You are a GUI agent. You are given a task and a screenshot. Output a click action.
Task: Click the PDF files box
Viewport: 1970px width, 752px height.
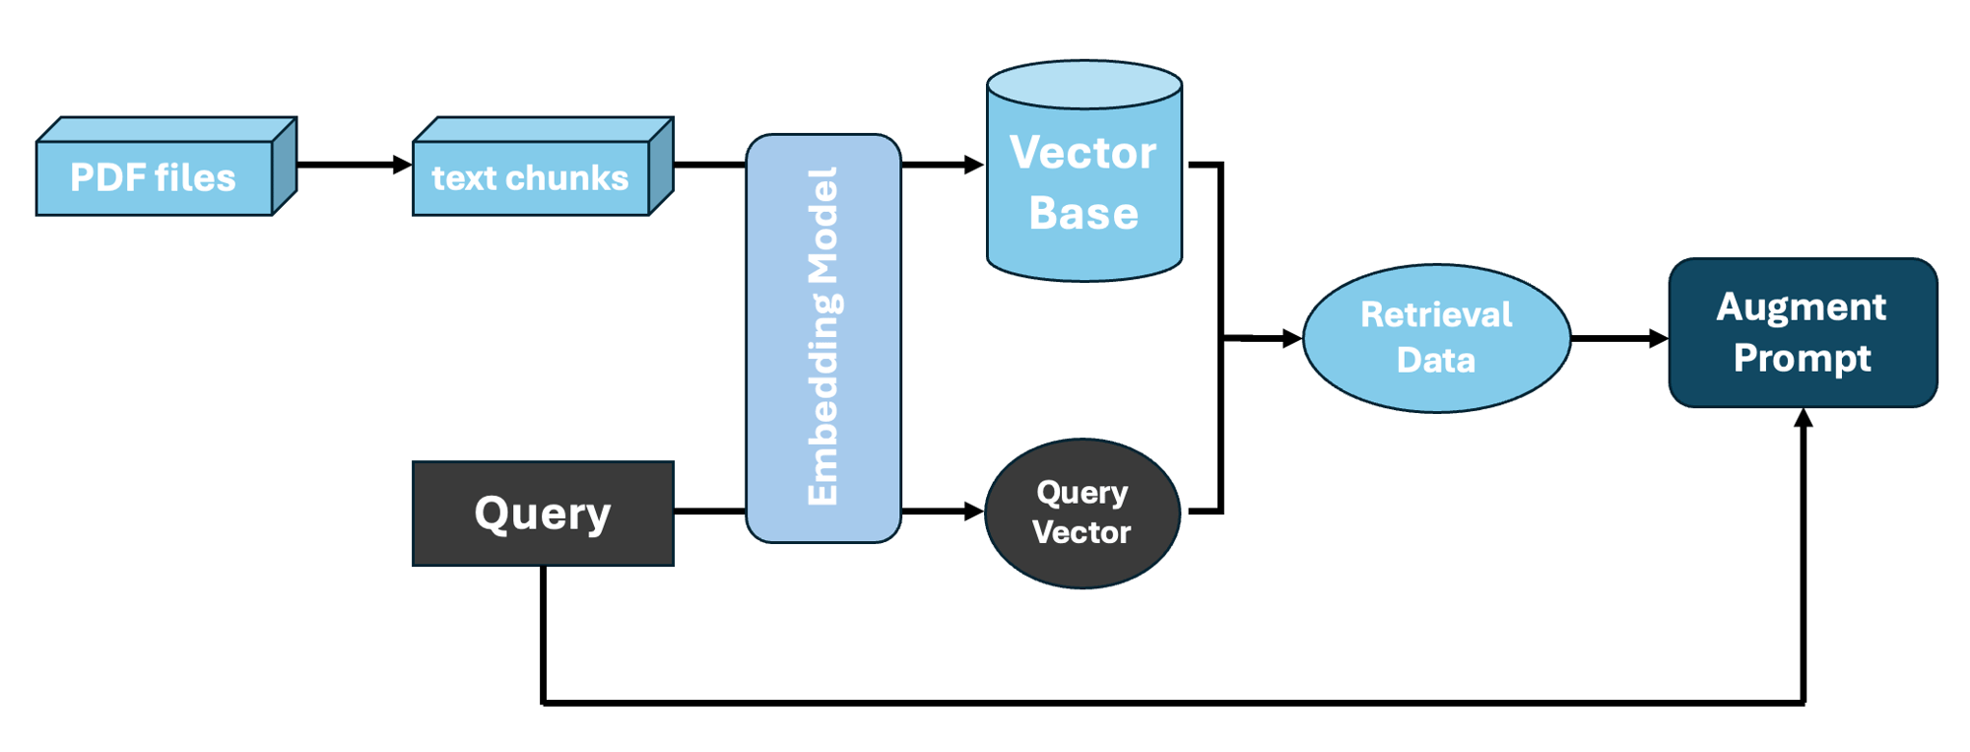[155, 177]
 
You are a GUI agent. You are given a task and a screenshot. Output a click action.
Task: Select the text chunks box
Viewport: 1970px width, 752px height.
[531, 177]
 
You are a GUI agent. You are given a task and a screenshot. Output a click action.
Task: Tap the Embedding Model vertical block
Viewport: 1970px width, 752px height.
[823, 337]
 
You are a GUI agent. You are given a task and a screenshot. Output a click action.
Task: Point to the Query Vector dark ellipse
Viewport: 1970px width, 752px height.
[1082, 513]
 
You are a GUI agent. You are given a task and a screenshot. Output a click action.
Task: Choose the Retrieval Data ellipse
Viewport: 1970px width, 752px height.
[1436, 337]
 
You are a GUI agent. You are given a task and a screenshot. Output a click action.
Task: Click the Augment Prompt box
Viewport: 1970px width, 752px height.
[1803, 332]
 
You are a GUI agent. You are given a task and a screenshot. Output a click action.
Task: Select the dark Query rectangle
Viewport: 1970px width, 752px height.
[543, 513]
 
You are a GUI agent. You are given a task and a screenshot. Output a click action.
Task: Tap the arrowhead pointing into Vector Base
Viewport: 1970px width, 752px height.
[974, 165]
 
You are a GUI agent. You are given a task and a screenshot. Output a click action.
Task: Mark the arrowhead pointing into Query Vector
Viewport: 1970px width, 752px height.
[974, 512]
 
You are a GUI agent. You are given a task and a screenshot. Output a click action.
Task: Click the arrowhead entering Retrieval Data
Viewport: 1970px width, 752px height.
[1291, 338]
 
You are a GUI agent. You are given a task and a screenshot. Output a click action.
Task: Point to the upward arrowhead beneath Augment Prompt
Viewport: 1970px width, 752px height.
[1804, 419]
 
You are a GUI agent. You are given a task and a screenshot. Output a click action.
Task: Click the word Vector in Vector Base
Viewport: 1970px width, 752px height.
[1083, 153]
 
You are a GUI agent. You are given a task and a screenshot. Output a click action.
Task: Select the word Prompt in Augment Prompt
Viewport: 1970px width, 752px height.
[1803, 358]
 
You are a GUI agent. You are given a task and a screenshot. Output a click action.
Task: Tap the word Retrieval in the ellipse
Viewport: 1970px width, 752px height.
[1436, 314]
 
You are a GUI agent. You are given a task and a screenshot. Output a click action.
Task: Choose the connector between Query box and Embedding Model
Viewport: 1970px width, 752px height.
[709, 512]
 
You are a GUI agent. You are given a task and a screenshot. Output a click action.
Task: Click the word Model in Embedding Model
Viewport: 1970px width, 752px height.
[823, 226]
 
